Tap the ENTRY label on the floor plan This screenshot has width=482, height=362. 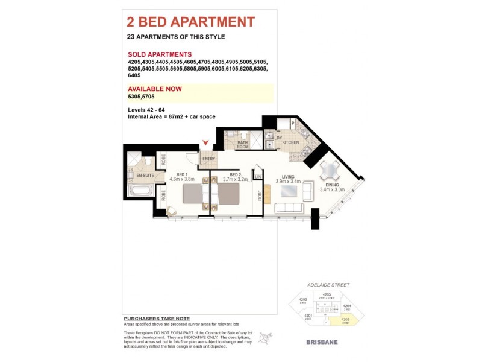208,159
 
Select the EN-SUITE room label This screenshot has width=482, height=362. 145,176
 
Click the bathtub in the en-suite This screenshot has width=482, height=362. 140,192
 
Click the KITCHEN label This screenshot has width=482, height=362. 290,142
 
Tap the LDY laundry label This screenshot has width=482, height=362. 278,137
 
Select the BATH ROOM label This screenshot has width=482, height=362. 242,145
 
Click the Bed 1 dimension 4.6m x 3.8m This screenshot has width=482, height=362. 183,179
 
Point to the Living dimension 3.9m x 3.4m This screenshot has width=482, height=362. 288,181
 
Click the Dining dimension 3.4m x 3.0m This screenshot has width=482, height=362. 332,189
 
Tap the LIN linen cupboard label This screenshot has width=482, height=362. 257,176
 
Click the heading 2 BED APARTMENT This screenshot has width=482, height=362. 190,22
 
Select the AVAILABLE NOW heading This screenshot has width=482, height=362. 155,89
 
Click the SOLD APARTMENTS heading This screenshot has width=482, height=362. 160,54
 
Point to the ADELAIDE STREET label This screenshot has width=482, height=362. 328,285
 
